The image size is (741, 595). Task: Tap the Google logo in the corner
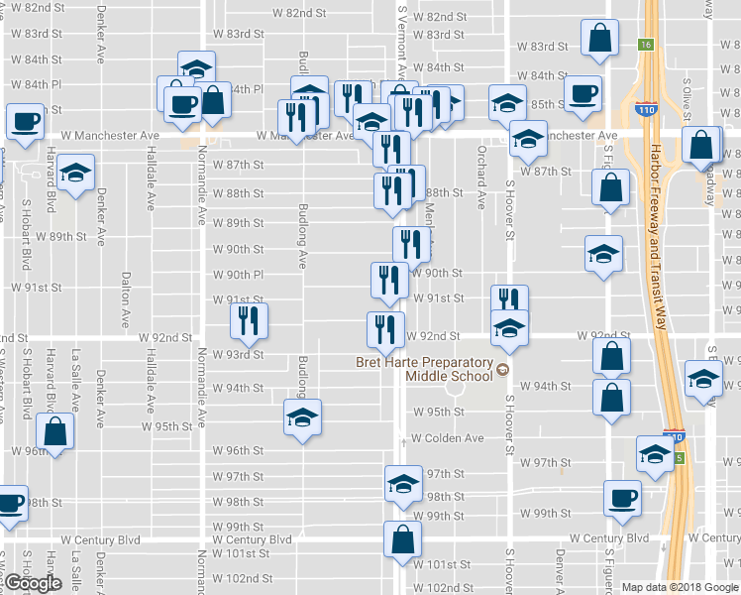(33, 583)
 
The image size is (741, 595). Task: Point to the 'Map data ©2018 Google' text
(680, 587)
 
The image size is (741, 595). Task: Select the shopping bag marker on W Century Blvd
(403, 540)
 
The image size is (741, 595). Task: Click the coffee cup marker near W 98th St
(622, 499)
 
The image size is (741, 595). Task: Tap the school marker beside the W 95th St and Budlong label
(302, 416)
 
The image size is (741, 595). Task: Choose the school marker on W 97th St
(402, 484)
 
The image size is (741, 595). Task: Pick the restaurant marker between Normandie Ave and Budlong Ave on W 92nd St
(249, 320)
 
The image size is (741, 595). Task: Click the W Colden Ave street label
(447, 437)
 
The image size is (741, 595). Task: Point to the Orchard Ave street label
(481, 185)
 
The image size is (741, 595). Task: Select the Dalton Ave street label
(126, 300)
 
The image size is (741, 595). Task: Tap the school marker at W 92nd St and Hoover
(509, 328)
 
